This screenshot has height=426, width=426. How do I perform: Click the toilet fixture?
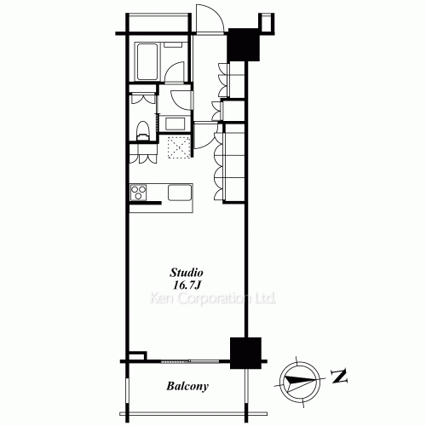(x=143, y=130)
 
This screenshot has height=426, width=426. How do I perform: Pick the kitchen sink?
(x=181, y=193)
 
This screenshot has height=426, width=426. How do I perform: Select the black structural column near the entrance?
(x=243, y=46)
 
